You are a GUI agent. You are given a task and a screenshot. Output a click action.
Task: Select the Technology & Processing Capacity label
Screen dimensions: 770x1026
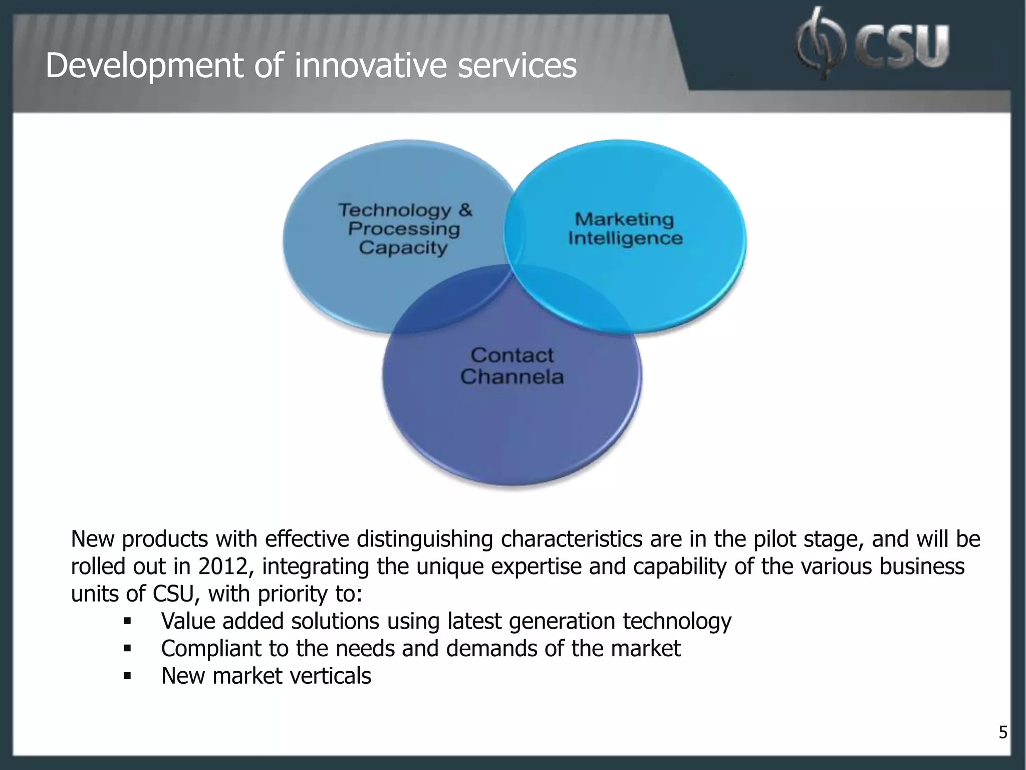[405, 229]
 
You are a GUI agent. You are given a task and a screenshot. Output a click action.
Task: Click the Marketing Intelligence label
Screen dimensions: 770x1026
[625, 229]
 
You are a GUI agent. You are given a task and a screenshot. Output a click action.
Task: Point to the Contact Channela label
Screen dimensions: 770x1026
[512, 366]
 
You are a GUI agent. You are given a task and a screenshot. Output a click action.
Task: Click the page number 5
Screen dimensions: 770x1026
[1003, 732]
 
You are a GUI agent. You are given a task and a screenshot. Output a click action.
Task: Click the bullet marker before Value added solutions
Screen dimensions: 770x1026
[127, 622]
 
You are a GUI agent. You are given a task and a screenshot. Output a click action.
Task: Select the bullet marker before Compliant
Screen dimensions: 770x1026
[127, 649]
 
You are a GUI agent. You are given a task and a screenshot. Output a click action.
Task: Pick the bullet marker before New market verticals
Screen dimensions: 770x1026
[127, 676]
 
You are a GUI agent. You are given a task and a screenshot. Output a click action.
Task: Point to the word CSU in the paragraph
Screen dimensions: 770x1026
[173, 594]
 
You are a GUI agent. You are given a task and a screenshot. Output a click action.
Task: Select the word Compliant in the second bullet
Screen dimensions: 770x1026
[211, 649]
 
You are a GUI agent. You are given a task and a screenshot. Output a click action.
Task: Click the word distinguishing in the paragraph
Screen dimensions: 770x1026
[425, 539]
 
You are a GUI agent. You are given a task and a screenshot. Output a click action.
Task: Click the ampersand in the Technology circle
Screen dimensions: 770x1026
[465, 210]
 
